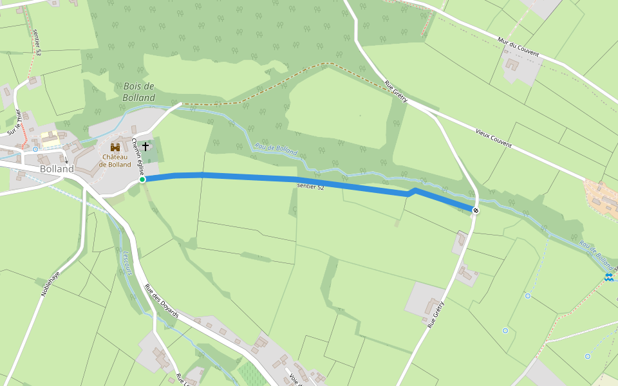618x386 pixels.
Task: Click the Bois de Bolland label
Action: tap(138, 92)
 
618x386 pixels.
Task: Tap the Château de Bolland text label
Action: tap(115, 160)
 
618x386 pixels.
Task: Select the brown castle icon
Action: tap(115, 147)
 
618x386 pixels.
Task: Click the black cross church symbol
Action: tap(145, 147)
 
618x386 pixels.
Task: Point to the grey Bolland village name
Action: tap(57, 169)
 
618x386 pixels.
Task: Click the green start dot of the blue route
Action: tap(142, 179)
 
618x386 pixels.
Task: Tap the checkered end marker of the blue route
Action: tap(476, 210)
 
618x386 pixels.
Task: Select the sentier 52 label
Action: tap(310, 187)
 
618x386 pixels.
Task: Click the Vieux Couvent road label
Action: tap(493, 138)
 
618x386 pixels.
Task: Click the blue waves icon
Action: tap(608, 277)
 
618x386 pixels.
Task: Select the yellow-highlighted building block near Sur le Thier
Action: tap(50, 138)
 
